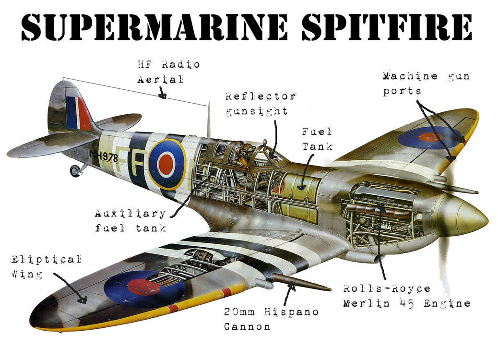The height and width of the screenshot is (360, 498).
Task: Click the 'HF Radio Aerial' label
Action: [168, 72]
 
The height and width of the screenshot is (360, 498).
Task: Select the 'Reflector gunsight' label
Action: [260, 103]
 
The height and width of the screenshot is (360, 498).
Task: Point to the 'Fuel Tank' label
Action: [317, 139]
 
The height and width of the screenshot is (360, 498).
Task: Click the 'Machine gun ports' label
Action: [426, 83]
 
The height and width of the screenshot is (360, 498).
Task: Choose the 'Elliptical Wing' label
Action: [46, 266]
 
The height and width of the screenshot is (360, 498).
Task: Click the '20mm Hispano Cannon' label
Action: [271, 319]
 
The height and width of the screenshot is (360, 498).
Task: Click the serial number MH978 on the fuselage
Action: [104, 155]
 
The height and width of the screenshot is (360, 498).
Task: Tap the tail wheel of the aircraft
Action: [75, 171]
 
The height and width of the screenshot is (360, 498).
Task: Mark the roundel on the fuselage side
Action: [166, 164]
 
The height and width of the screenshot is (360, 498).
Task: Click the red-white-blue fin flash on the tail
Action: [78, 113]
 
